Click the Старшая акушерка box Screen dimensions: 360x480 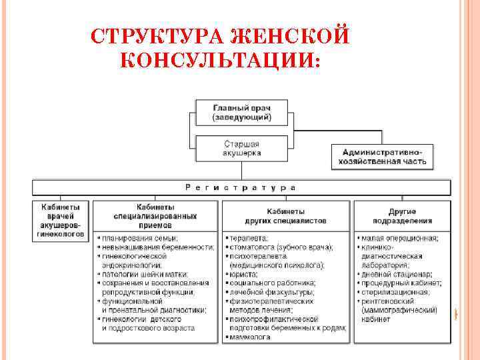coord(241,148)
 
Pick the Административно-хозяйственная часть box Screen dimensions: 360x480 coord(382,157)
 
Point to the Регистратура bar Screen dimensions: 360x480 coord(241,188)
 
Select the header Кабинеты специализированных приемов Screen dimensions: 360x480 coord(156,212)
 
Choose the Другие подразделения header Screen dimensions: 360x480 coord(403,215)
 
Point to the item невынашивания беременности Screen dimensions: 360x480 coord(157,247)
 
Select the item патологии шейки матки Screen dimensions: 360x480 coord(144,274)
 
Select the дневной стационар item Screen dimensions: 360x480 coord(397,274)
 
